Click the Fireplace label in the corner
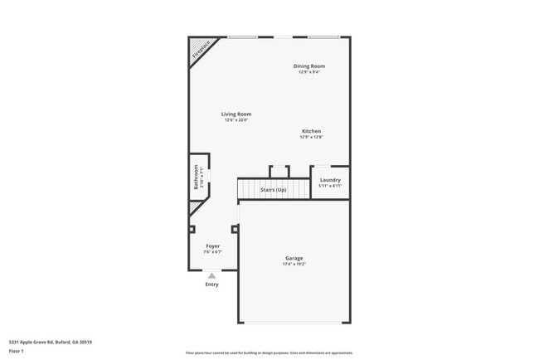point(201,49)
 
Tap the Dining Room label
point(308,66)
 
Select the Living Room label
point(236,114)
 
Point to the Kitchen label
point(311,131)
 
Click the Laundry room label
point(330,180)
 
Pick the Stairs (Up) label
point(273,190)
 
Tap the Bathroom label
point(197,178)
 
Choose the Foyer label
point(213,246)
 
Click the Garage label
point(294,259)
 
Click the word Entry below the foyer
point(212,285)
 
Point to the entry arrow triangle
point(212,275)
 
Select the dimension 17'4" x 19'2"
point(294,265)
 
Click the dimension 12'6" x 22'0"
point(236,120)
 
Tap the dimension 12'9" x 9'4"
point(308,72)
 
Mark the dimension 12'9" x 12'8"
point(311,137)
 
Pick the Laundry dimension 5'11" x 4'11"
point(330,186)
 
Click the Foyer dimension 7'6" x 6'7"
point(213,252)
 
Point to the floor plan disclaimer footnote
point(269,352)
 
